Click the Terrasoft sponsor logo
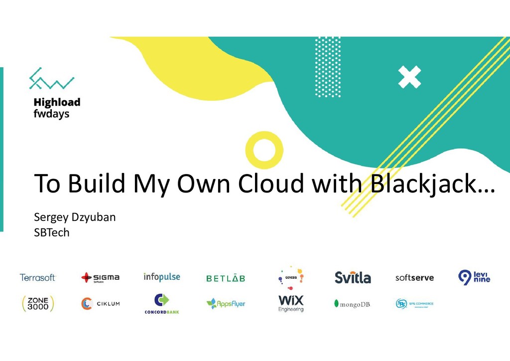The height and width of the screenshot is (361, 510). coord(38,277)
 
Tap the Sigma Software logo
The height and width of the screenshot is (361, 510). coord(100,277)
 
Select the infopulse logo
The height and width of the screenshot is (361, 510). coord(162,277)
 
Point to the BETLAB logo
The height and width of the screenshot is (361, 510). coord(226,278)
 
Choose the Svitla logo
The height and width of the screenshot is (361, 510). coord(353,277)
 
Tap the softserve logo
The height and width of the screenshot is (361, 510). coord(414,278)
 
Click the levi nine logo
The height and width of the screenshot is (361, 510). coord(474,277)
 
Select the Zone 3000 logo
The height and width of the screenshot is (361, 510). coord(38,303)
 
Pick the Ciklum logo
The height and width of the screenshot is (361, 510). coord(100,303)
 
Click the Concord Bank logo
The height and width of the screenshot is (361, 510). coord(162,304)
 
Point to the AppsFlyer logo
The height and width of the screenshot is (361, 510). coord(226,303)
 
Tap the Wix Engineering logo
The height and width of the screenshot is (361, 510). coord(291,303)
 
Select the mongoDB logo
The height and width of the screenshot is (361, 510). coord(353,304)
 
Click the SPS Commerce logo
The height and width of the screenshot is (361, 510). coord(414,303)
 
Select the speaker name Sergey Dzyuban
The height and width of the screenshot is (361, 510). coord(75,217)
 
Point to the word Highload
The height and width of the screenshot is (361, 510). coord(57,102)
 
